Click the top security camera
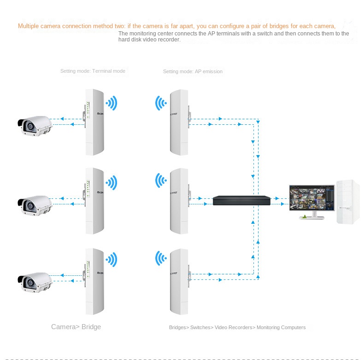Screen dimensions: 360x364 pyautogui.click(x=35, y=125)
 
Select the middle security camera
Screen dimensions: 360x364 pyautogui.click(x=35, y=205)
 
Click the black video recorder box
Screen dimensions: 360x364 pyautogui.click(x=241, y=200)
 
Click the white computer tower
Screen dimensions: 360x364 pyautogui.click(x=347, y=202)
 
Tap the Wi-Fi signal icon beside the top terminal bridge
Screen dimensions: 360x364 pyautogui.click(x=112, y=103)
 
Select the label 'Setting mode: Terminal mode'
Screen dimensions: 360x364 pyautogui.click(x=93, y=71)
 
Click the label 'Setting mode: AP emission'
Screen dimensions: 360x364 pyautogui.click(x=193, y=72)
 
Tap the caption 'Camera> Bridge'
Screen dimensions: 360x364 pyautogui.click(x=76, y=327)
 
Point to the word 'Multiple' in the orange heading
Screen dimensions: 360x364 pyautogui.click(x=28, y=26)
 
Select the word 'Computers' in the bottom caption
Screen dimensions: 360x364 pyautogui.click(x=294, y=328)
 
